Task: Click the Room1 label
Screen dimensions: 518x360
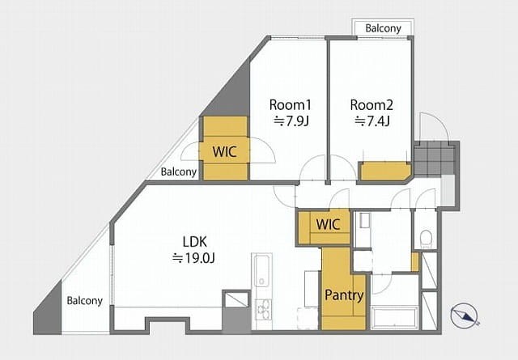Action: [291, 105]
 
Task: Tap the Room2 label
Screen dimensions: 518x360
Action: [372, 105]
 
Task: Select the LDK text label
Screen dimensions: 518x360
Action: [195, 242]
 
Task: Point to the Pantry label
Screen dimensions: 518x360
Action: [344, 295]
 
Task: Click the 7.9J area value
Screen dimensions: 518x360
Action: [291, 121]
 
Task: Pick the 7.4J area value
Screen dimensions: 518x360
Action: [372, 121]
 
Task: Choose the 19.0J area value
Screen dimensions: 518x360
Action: [194, 258]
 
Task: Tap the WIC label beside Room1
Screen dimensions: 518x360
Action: [225, 151]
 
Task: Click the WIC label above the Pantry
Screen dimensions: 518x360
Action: [328, 225]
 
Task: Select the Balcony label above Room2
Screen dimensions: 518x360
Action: [383, 28]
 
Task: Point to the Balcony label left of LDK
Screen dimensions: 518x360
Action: [84, 301]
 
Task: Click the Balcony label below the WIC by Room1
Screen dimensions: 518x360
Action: [179, 172]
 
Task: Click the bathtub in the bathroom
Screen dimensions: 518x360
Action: [395, 319]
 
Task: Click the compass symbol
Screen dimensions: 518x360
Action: [465, 316]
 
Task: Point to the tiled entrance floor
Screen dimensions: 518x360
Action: [435, 159]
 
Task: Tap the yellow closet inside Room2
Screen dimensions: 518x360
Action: [385, 171]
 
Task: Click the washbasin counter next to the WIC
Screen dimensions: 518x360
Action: [363, 230]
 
